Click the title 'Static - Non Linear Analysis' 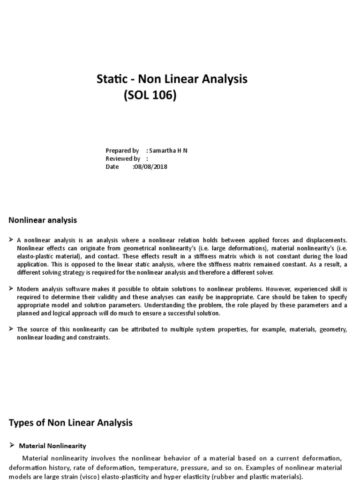pos(172,79)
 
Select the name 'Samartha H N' pos(168,150)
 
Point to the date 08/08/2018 pos(150,166)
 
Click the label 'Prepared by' pos(122,150)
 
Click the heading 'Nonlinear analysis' pos(43,220)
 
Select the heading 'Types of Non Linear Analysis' pos(71,422)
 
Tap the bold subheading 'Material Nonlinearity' pos(52,446)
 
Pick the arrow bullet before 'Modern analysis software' pos(11,289)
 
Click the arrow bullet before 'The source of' pos(11,330)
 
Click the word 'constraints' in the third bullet pos(93,337)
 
